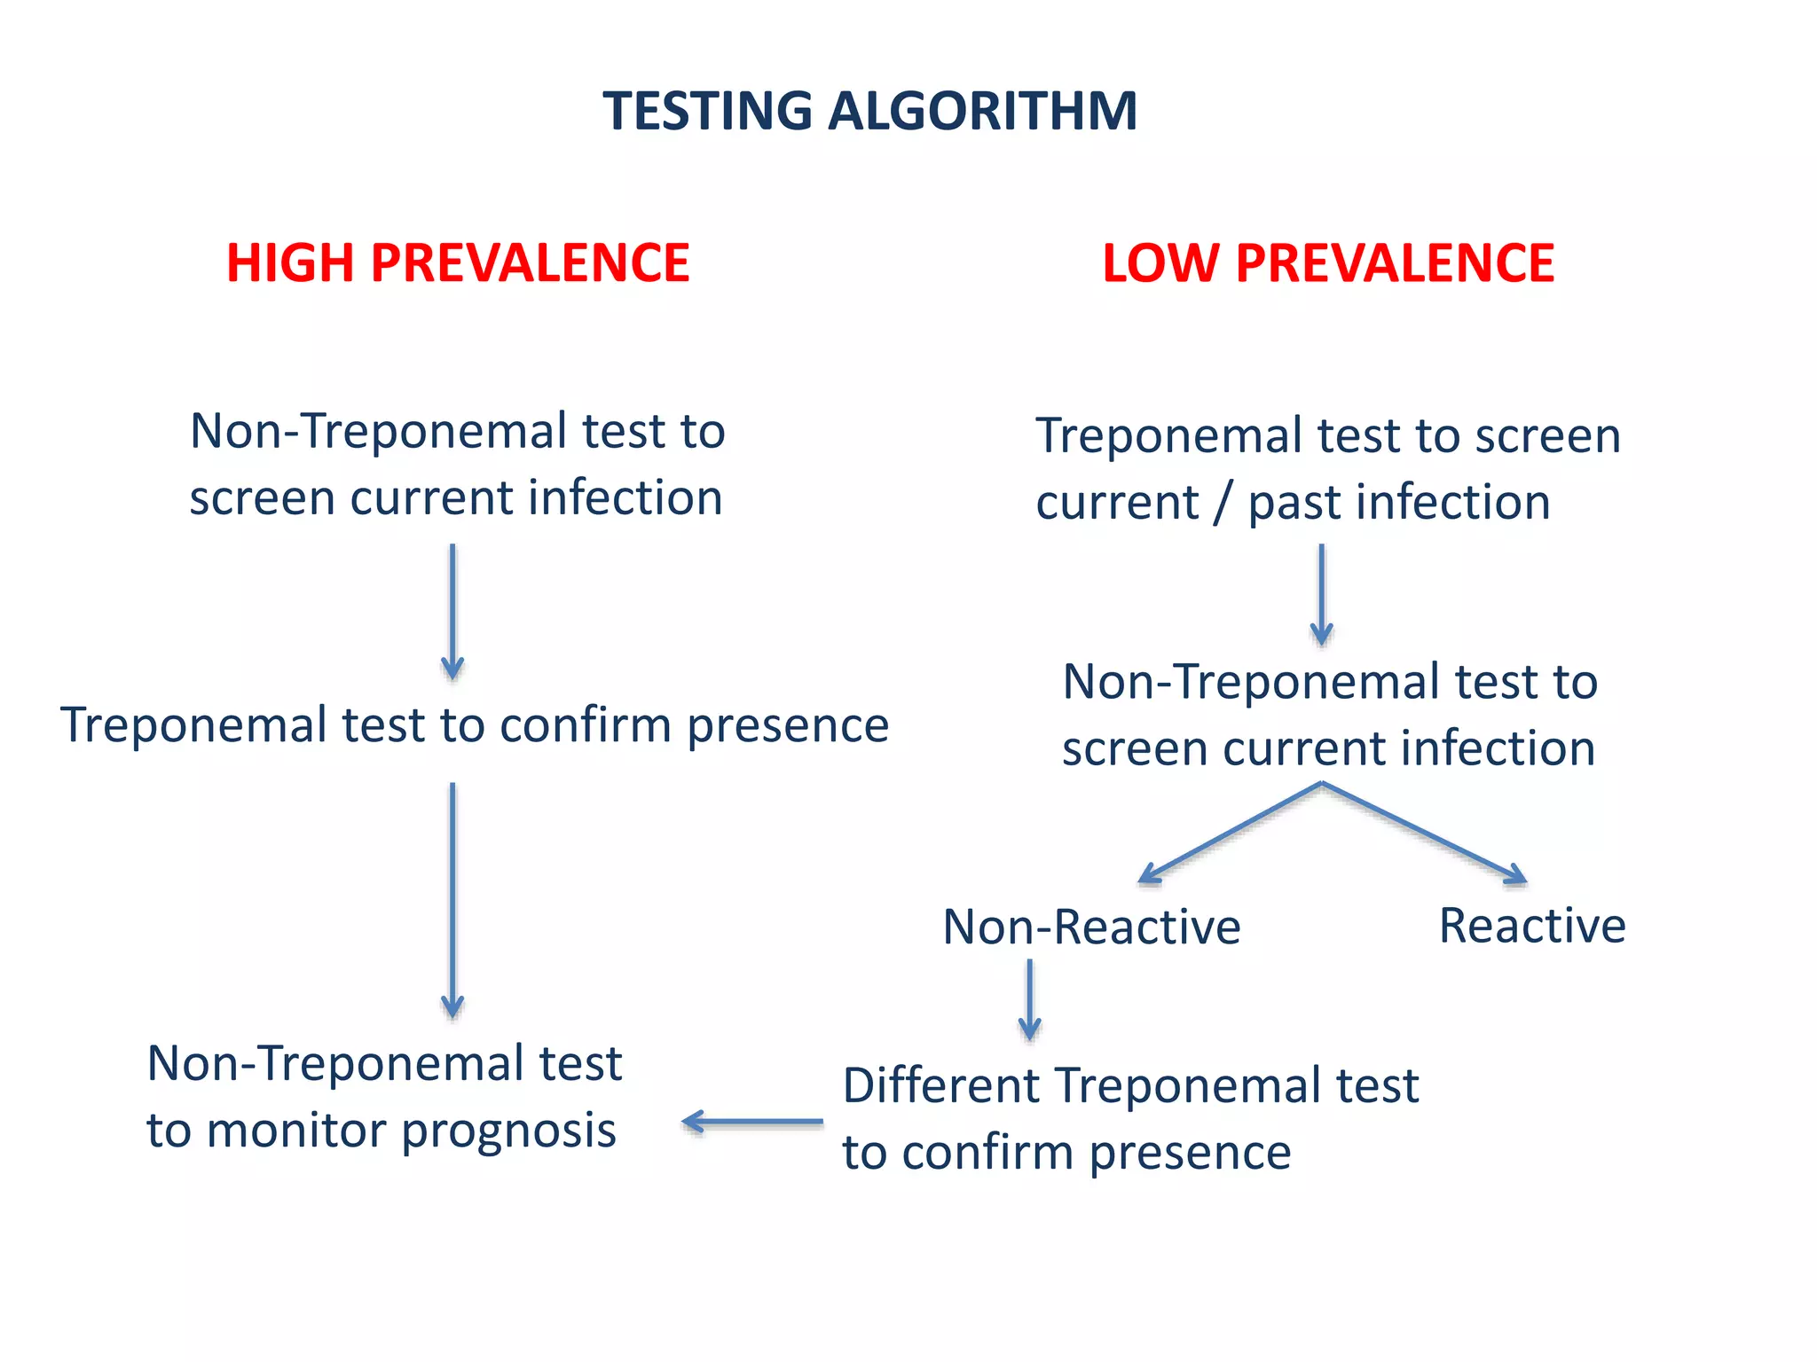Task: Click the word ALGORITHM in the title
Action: (x=982, y=112)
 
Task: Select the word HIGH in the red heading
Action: (x=289, y=263)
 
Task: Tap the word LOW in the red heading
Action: (x=1160, y=263)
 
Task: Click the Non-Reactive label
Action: (x=1091, y=928)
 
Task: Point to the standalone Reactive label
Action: (x=1532, y=926)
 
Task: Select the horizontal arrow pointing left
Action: (x=752, y=1122)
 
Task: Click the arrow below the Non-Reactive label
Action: (x=1029, y=999)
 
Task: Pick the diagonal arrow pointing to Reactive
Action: (x=1425, y=834)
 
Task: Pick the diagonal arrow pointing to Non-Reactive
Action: (x=1229, y=834)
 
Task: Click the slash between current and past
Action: (x=1223, y=503)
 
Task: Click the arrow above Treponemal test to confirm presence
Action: (x=452, y=612)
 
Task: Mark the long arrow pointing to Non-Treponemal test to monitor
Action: (x=452, y=900)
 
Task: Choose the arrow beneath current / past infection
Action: (x=1321, y=594)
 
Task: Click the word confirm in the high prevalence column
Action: (x=586, y=725)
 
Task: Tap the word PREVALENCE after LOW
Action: (x=1395, y=263)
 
